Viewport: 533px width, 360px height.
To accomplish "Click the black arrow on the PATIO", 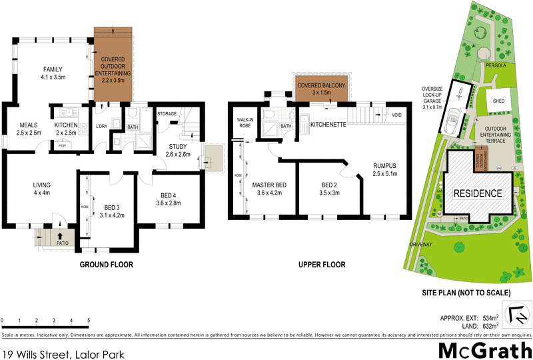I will pyautogui.click(x=61, y=235).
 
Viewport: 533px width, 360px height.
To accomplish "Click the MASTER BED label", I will pyautogui.click(x=269, y=189).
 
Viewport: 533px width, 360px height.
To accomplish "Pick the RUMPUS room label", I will pyautogui.click(x=384, y=170).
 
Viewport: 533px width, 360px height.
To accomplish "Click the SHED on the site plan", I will pyautogui.click(x=498, y=101).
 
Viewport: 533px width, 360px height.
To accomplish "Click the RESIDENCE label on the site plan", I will pyautogui.click(x=478, y=193).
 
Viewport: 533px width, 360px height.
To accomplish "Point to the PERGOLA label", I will pyautogui.click(x=495, y=66).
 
